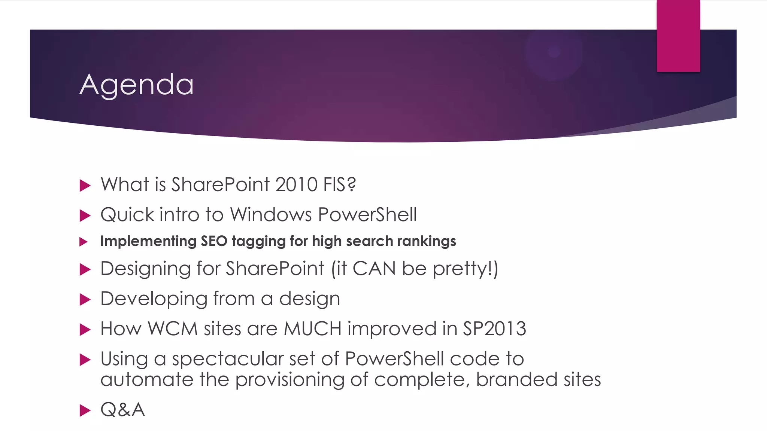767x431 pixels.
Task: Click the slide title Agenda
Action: [x=137, y=85]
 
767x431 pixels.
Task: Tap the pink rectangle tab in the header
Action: [x=678, y=36]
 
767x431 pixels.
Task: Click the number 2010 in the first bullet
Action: [x=296, y=184]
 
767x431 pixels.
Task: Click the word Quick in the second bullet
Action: [x=127, y=215]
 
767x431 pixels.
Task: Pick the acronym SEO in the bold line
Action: [x=214, y=241]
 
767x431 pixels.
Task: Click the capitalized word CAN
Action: [x=374, y=269]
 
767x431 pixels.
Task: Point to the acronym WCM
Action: [x=173, y=329]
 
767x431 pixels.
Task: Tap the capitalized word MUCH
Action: [x=313, y=329]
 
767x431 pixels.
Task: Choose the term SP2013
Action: [x=494, y=329]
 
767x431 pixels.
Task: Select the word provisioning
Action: [x=289, y=380]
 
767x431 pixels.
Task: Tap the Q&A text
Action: [x=122, y=410]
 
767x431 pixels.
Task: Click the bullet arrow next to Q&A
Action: [x=85, y=410]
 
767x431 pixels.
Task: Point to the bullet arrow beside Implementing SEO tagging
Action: [x=84, y=242]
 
